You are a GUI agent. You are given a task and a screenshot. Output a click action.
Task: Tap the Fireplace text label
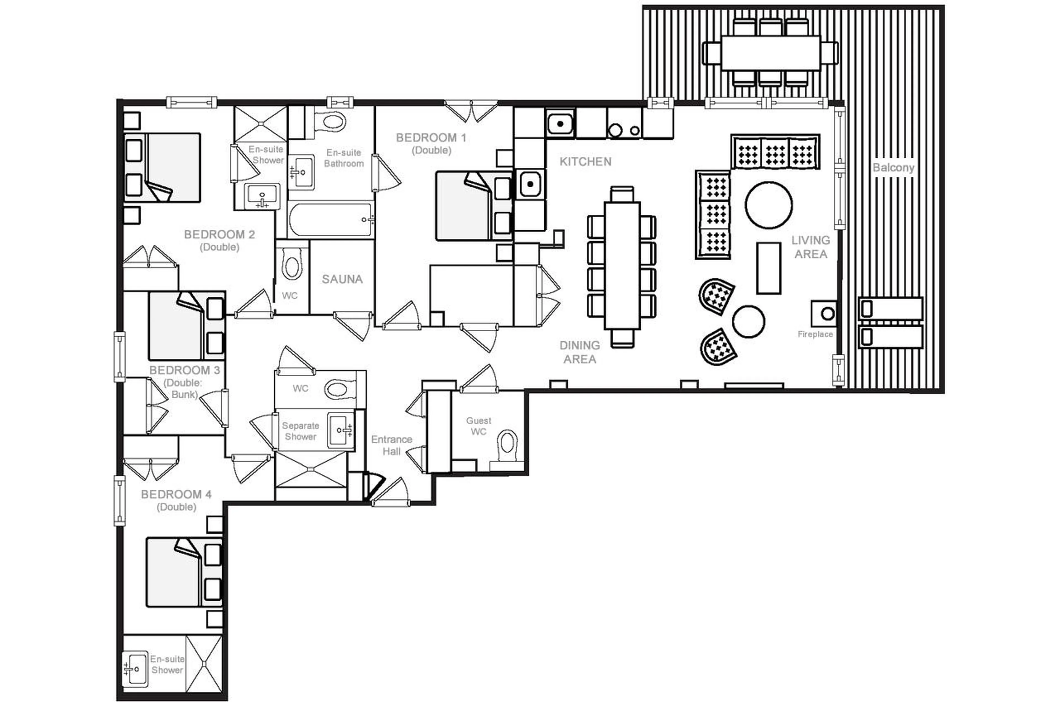click(x=815, y=334)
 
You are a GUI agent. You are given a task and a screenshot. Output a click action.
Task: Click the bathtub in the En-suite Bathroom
click(x=331, y=220)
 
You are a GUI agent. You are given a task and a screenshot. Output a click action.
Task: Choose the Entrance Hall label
click(x=391, y=445)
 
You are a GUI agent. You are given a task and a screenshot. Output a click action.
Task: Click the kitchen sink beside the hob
click(x=560, y=123)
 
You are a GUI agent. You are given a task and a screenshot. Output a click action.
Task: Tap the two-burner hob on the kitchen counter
click(x=624, y=130)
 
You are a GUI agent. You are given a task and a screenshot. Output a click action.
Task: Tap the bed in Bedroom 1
click(x=464, y=206)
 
